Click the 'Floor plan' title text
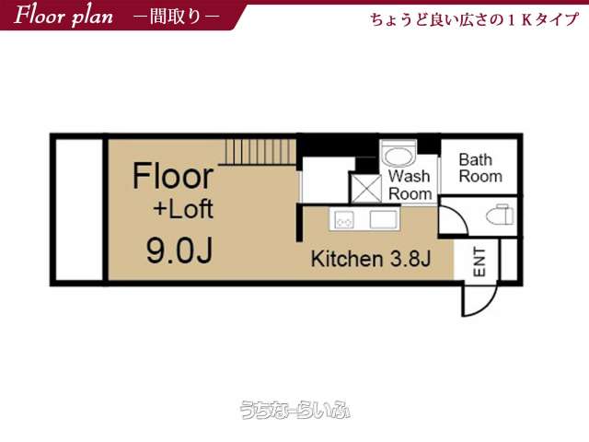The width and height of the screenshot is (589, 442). click(64, 16)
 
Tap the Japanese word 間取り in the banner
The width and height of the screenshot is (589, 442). click(176, 17)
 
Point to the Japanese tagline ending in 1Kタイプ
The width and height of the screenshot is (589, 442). click(475, 19)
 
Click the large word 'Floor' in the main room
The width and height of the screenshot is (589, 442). click(173, 176)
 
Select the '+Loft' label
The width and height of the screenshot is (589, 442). click(183, 209)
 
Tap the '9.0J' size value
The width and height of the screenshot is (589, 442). click(179, 251)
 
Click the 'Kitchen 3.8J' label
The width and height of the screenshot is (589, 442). click(370, 259)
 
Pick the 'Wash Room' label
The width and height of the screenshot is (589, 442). click(410, 185)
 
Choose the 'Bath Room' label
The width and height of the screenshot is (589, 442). click(480, 168)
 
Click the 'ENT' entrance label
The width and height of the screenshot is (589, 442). click(479, 262)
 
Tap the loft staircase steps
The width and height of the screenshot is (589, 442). click(260, 152)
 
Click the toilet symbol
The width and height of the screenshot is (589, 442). click(500, 215)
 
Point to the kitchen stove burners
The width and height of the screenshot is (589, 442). click(344, 219)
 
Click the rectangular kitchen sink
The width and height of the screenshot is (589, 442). click(383, 219)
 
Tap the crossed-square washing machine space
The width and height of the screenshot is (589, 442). click(366, 188)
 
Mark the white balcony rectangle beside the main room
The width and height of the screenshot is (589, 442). click(79, 209)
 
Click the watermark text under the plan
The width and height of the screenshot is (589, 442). click(294, 410)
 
